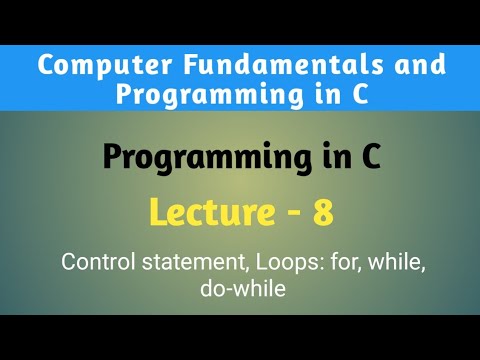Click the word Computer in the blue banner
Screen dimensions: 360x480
coord(87,68)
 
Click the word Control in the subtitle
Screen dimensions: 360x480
coord(96,263)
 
